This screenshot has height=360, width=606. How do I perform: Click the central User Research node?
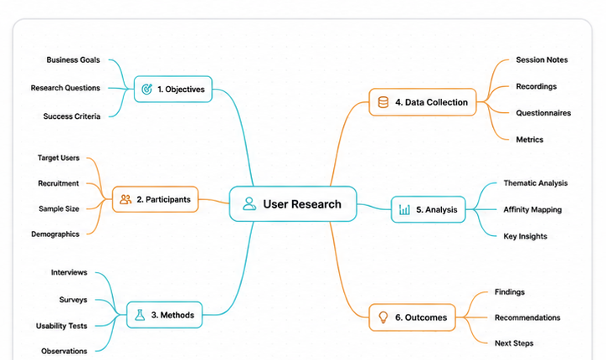tap(293, 203)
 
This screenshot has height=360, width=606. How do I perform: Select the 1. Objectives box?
tap(173, 89)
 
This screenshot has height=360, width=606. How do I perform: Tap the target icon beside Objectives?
tap(146, 89)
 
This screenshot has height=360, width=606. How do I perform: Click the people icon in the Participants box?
tap(126, 199)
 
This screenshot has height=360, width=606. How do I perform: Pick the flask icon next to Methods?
tap(140, 315)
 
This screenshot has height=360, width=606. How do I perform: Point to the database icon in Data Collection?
tap(383, 102)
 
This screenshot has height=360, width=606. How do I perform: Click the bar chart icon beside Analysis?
tap(404, 209)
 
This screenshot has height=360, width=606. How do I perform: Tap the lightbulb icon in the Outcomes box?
tap(383, 317)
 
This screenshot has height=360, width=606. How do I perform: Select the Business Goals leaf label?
tap(73, 60)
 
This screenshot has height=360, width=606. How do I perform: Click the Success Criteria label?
tap(72, 116)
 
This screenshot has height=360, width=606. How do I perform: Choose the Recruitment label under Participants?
tap(59, 183)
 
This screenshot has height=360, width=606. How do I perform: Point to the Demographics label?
tap(55, 234)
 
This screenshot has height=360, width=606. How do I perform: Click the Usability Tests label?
tap(61, 326)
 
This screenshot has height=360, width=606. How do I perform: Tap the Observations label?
tap(64, 351)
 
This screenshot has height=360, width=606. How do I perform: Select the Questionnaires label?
tap(543, 113)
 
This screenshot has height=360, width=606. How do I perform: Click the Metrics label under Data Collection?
tap(530, 140)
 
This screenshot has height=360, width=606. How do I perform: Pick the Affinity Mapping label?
tap(532, 209)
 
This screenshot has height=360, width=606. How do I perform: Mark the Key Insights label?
tap(525, 236)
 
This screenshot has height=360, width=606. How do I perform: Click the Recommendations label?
tap(527, 317)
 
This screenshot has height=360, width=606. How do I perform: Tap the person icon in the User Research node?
tap(249, 203)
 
